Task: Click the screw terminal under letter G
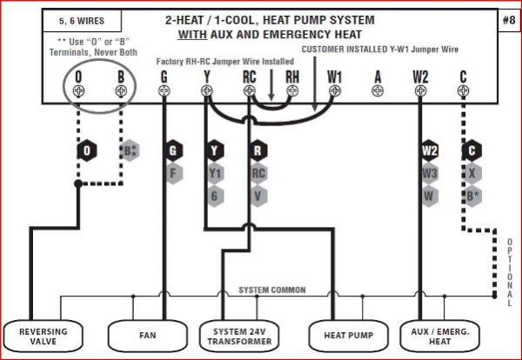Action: (x=164, y=90)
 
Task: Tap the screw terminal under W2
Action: (x=420, y=90)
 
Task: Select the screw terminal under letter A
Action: (x=378, y=90)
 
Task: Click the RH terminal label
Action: (x=292, y=77)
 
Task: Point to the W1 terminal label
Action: (x=335, y=77)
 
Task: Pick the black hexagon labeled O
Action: (x=86, y=150)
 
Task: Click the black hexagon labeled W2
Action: (x=430, y=150)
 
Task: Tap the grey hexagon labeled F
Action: (x=174, y=172)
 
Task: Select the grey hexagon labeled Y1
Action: (x=216, y=172)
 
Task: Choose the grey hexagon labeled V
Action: (x=258, y=195)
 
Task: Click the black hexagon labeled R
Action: (x=258, y=150)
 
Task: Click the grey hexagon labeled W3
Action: (x=430, y=172)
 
